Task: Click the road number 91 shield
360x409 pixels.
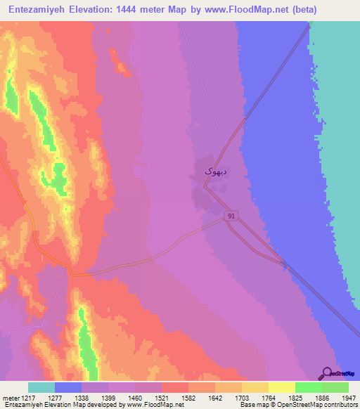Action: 231,216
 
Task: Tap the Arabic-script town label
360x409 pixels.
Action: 211,171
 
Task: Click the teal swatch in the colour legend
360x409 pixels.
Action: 41,387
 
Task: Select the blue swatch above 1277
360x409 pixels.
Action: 68,387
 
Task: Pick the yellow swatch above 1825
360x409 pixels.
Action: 282,387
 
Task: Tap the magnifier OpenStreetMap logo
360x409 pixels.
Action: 328,373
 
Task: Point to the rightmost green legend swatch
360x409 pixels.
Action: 335,387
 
